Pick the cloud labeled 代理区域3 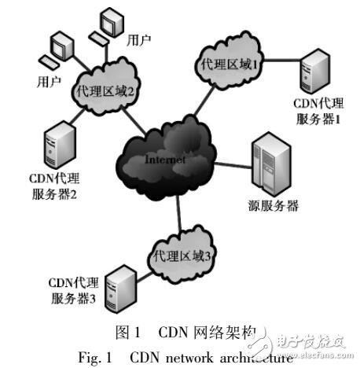tap(182, 255)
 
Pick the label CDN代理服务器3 tap(71, 290)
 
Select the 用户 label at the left tap(49, 82)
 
